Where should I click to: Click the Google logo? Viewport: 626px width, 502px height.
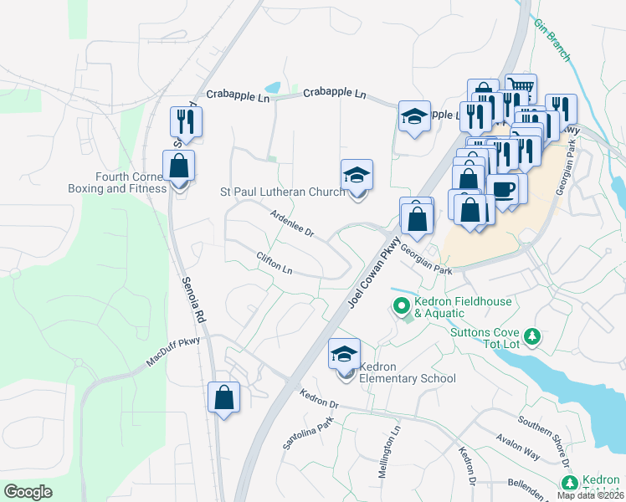28,492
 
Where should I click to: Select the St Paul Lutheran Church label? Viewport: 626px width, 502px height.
282,192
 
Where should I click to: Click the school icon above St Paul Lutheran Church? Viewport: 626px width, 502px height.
357,176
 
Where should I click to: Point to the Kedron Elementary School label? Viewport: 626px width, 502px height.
407,372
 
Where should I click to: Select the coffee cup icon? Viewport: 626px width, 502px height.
503,189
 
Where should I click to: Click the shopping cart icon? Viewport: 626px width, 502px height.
521,87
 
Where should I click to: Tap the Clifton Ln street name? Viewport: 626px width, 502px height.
275,264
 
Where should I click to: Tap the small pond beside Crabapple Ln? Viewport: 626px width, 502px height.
273,88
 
